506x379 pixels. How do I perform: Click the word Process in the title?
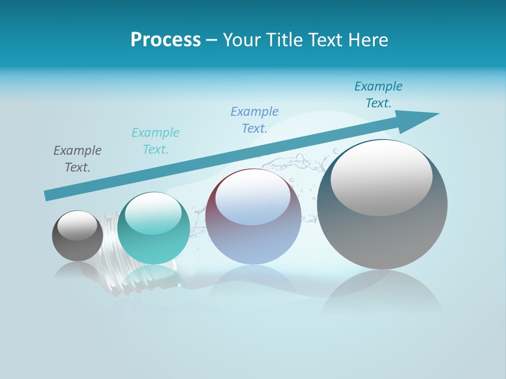coord(166,40)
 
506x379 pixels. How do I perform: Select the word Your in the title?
coord(243,40)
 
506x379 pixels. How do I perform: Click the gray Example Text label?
coord(77,158)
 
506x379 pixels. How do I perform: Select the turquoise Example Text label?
coord(155,141)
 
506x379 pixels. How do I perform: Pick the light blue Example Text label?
coord(255,119)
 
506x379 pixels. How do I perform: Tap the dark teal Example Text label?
coord(378,94)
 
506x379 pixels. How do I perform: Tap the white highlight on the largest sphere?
coord(382,176)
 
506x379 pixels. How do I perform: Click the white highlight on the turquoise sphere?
coord(153,213)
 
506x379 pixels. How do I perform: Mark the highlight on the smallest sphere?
coord(77,225)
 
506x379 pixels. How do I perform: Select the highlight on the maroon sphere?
coord(253,197)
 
